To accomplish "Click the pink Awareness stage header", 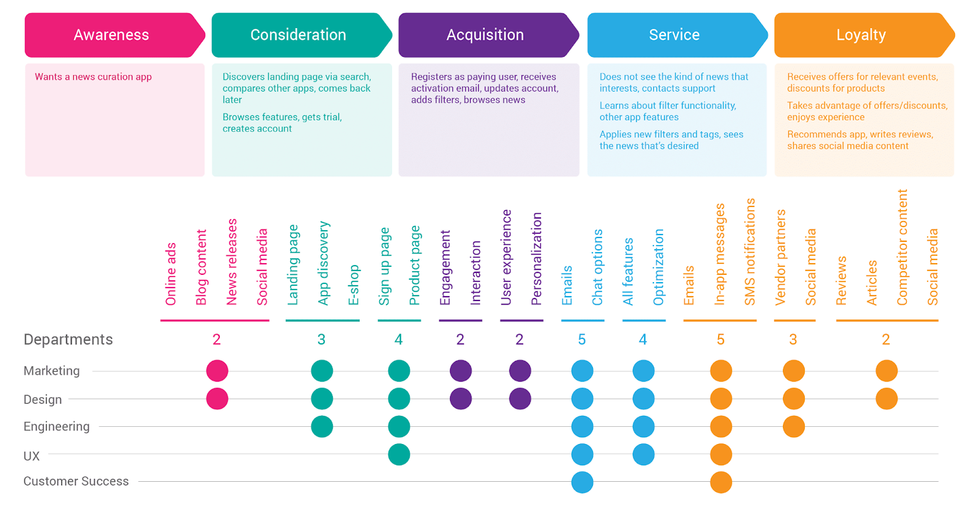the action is coord(115,35).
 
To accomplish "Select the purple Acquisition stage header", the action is coord(488,35).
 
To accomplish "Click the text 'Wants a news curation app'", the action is coord(93,77).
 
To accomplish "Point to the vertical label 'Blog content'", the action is coord(201,267).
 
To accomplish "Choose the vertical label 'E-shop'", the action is coord(354,285).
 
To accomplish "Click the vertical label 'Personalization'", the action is coord(537,259).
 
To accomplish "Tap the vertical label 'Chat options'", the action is coord(598,267).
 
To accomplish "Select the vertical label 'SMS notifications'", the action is coord(750,252).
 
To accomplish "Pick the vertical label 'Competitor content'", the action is coord(902,247).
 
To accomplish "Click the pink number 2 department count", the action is coord(216,340).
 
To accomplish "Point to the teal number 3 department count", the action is coord(321,340).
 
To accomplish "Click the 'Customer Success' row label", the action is coord(76,481).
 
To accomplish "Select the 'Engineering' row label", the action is coord(57,426).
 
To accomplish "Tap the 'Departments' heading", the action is coord(68,340).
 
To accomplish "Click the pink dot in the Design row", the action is coord(217,399).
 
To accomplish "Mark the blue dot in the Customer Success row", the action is coord(583,482).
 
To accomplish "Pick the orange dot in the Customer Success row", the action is coord(721,482).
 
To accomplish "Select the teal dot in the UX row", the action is coord(399,454).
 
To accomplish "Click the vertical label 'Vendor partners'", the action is coord(780,257).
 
